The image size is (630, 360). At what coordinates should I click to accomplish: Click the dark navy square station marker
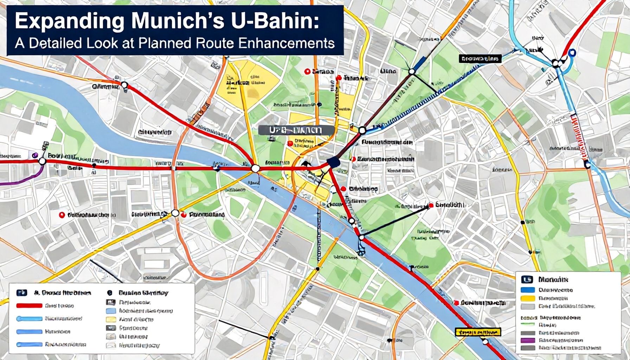(x=332, y=162)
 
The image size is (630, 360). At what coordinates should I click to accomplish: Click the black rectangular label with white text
(x=480, y=59)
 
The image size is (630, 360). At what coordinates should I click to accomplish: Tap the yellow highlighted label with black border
(x=477, y=332)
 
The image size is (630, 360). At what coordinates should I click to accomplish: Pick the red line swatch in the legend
(x=29, y=306)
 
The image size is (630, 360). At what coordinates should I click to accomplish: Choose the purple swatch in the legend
(x=527, y=340)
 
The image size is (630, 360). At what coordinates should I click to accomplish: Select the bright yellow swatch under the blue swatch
(x=527, y=298)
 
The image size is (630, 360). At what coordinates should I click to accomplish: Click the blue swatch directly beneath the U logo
(x=527, y=290)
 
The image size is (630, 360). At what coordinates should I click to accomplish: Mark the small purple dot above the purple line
(x=34, y=155)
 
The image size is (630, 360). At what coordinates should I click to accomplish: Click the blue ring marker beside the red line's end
(x=572, y=53)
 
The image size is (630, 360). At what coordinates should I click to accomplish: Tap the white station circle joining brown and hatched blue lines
(x=362, y=130)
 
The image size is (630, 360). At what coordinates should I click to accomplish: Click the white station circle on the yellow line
(x=175, y=213)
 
